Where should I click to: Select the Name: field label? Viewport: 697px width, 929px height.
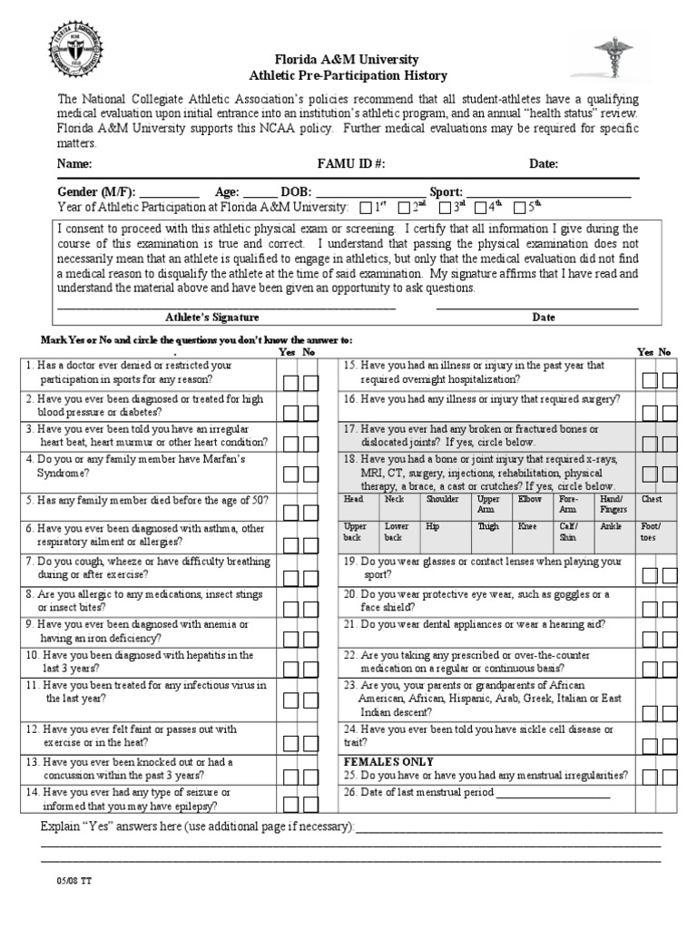coord(74,164)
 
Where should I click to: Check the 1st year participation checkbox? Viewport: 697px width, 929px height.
coord(367,208)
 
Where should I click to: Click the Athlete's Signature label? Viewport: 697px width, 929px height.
coord(212,318)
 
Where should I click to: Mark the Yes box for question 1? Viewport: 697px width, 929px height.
coord(290,383)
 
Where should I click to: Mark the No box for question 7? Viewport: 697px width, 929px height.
coord(310,574)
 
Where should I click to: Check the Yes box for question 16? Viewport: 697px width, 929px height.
coord(650,412)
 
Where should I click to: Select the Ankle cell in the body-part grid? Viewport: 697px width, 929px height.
coord(610,525)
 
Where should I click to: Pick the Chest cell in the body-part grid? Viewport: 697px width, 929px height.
coord(652,500)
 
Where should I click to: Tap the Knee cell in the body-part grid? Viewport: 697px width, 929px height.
coord(526,525)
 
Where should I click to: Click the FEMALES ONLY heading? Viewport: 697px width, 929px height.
coord(388,761)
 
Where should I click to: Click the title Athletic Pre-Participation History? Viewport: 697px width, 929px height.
coord(348,76)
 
